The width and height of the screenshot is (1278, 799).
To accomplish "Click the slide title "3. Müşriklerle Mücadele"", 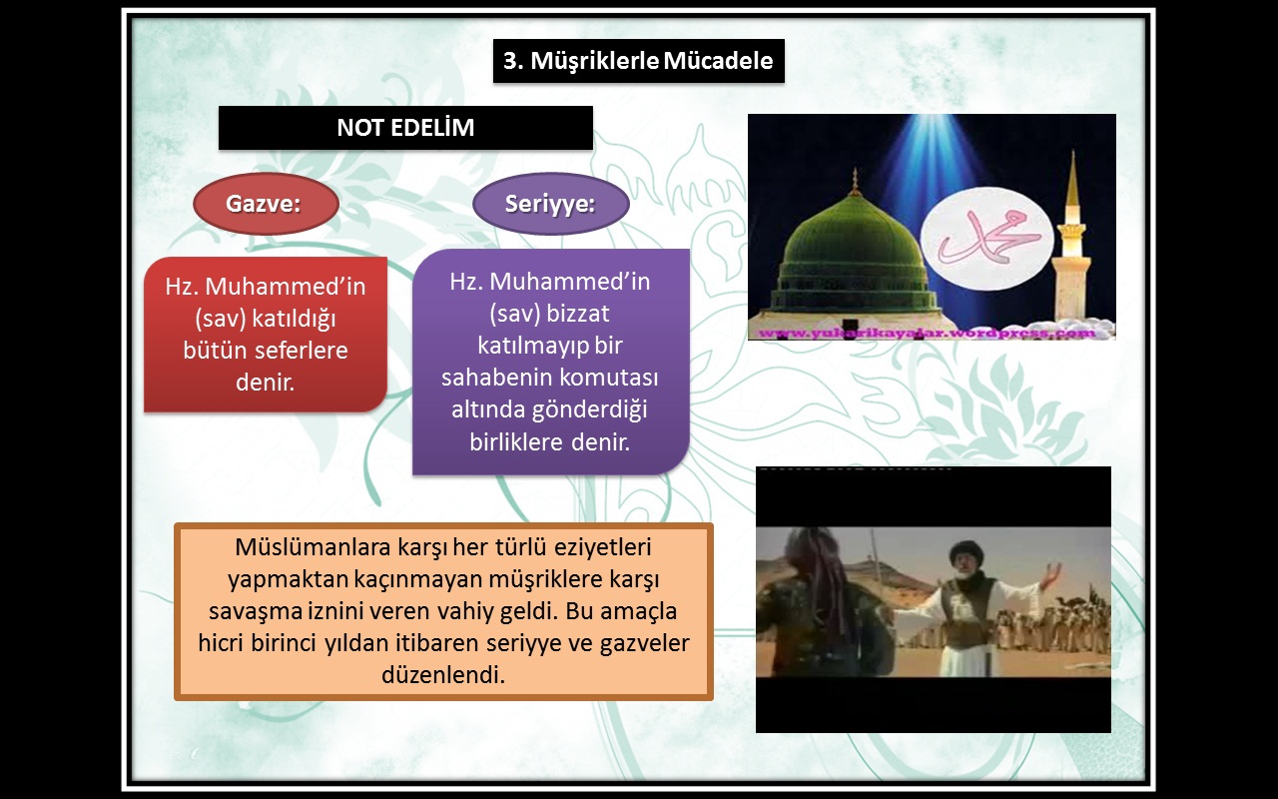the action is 638,61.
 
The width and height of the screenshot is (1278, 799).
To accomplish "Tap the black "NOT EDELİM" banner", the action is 405,128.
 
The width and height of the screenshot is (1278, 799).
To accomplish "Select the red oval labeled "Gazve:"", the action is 266,204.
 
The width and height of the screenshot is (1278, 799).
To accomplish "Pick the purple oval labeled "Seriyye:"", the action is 550,204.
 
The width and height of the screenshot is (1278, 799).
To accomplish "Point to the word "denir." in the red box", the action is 266,383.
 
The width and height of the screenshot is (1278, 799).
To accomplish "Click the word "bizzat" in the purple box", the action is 578,314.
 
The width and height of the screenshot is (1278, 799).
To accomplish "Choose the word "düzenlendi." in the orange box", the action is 443,675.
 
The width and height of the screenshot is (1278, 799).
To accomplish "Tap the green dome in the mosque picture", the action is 852,239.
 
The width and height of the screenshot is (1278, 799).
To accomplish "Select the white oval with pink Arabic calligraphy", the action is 987,238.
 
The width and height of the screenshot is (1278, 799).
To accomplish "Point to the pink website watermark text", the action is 927,333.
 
